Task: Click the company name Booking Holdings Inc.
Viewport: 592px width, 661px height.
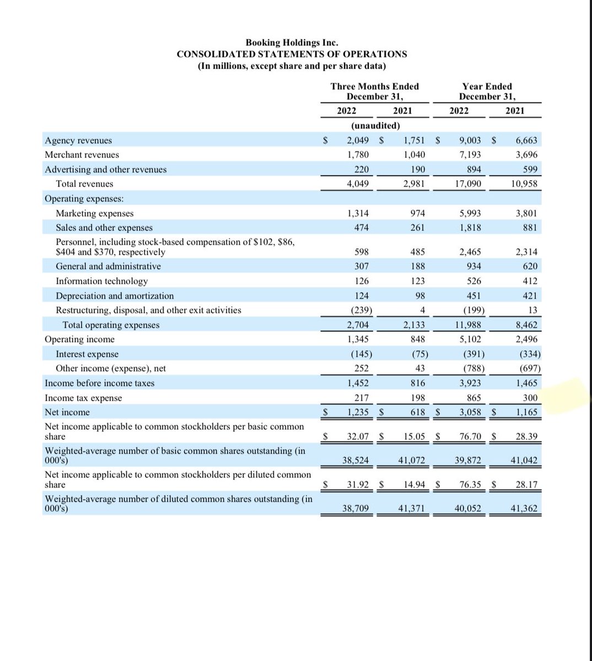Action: pos(292,42)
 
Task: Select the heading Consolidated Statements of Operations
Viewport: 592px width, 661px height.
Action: pos(292,54)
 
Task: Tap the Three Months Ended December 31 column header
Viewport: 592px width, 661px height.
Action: pos(374,91)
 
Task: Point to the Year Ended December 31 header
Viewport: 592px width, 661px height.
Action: pos(487,91)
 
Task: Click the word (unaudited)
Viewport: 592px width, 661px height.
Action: pos(375,126)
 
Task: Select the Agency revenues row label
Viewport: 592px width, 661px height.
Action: pos(78,140)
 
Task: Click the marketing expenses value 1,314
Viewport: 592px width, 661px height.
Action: pos(358,213)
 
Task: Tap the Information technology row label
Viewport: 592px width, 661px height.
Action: pos(102,281)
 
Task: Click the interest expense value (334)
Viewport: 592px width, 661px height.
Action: pos(530,354)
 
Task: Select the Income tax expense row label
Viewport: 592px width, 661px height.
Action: pos(83,398)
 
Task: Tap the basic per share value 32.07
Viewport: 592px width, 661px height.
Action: pos(358,437)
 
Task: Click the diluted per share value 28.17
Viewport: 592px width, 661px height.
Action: pos(526,485)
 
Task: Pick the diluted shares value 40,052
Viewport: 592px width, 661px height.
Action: pos(467,509)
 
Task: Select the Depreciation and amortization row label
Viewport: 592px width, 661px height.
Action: pos(115,296)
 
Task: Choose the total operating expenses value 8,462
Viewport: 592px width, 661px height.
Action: pos(526,325)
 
